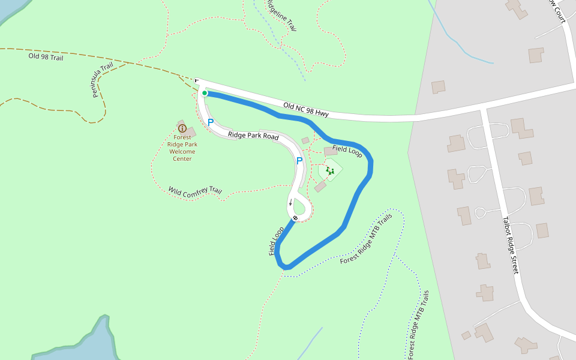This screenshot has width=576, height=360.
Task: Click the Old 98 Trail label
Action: (x=46, y=57)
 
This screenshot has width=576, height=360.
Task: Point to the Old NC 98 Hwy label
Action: (x=306, y=109)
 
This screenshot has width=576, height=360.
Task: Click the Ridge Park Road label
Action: (x=253, y=136)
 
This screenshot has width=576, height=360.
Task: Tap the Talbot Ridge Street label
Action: (x=510, y=245)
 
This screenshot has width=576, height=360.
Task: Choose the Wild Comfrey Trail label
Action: (x=195, y=191)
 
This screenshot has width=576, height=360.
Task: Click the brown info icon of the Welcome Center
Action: (x=182, y=128)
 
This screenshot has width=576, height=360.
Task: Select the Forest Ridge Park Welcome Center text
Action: (x=182, y=148)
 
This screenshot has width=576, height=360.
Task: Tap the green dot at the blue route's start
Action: (x=205, y=93)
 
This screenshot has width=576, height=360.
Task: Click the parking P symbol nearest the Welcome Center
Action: (x=211, y=122)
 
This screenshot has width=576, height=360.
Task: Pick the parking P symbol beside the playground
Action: (x=299, y=161)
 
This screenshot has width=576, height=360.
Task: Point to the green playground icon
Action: (x=330, y=171)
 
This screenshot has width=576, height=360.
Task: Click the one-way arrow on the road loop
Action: (x=290, y=202)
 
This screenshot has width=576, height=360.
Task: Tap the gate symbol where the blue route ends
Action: (x=295, y=218)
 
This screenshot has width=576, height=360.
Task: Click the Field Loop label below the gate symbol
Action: (x=277, y=241)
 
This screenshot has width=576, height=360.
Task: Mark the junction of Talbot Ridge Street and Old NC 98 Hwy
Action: (x=484, y=108)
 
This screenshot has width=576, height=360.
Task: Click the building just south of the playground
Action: (x=320, y=187)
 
